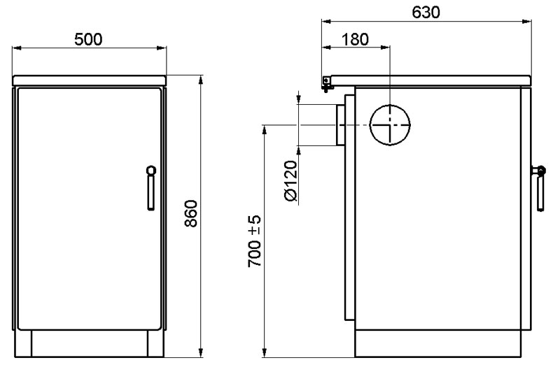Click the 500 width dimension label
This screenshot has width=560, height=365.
click(x=88, y=39)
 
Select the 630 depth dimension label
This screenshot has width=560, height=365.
click(x=426, y=13)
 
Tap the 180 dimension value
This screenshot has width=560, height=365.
click(x=355, y=40)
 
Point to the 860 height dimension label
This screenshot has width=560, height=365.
click(x=191, y=214)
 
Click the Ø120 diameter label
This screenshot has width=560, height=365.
click(x=291, y=181)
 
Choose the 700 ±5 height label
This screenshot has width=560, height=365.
click(x=254, y=241)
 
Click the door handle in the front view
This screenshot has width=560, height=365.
click(x=151, y=187)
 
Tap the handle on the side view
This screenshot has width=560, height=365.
click(x=539, y=188)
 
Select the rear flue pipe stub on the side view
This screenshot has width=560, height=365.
click(x=340, y=125)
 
